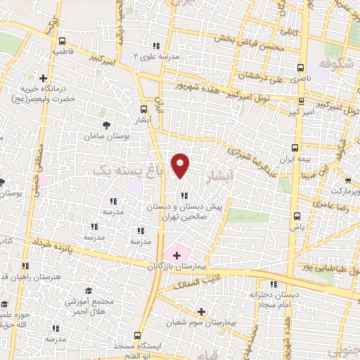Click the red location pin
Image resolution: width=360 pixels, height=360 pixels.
(x=181, y=165)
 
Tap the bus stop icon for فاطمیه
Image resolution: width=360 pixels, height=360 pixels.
(x=63, y=41)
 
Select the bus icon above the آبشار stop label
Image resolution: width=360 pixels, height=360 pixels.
(x=144, y=109)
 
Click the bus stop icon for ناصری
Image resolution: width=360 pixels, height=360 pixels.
(x=302, y=69)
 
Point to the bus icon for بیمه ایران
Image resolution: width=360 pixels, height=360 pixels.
(x=295, y=148)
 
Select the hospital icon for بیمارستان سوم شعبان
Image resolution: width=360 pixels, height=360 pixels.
(x=202, y=311)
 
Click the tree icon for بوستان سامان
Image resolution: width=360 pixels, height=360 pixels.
(x=105, y=124)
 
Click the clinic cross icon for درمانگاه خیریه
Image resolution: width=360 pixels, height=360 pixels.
(x=43, y=78)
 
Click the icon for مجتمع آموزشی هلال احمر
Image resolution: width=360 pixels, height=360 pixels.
(x=89, y=291)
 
